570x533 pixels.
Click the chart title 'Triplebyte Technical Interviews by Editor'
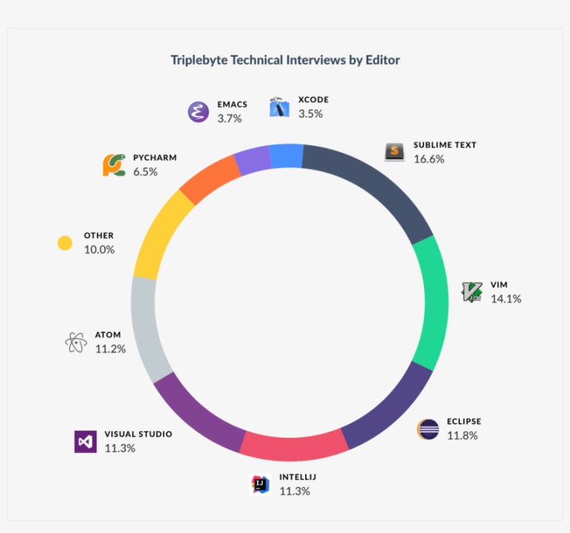[285, 60]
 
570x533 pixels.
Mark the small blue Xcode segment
[286, 156]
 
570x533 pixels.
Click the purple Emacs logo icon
[199, 111]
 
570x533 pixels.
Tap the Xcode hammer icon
[279, 107]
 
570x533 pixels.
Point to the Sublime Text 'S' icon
[395, 151]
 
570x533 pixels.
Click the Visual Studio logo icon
[85, 441]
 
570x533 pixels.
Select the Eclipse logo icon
[428, 429]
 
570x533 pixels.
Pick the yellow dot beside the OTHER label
[65, 243]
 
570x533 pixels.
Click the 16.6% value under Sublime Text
[428, 159]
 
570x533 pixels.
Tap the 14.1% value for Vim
[505, 299]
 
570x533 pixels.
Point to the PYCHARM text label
[155, 158]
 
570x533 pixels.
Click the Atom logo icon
[75, 342]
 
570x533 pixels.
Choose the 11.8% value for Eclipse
[462, 436]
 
